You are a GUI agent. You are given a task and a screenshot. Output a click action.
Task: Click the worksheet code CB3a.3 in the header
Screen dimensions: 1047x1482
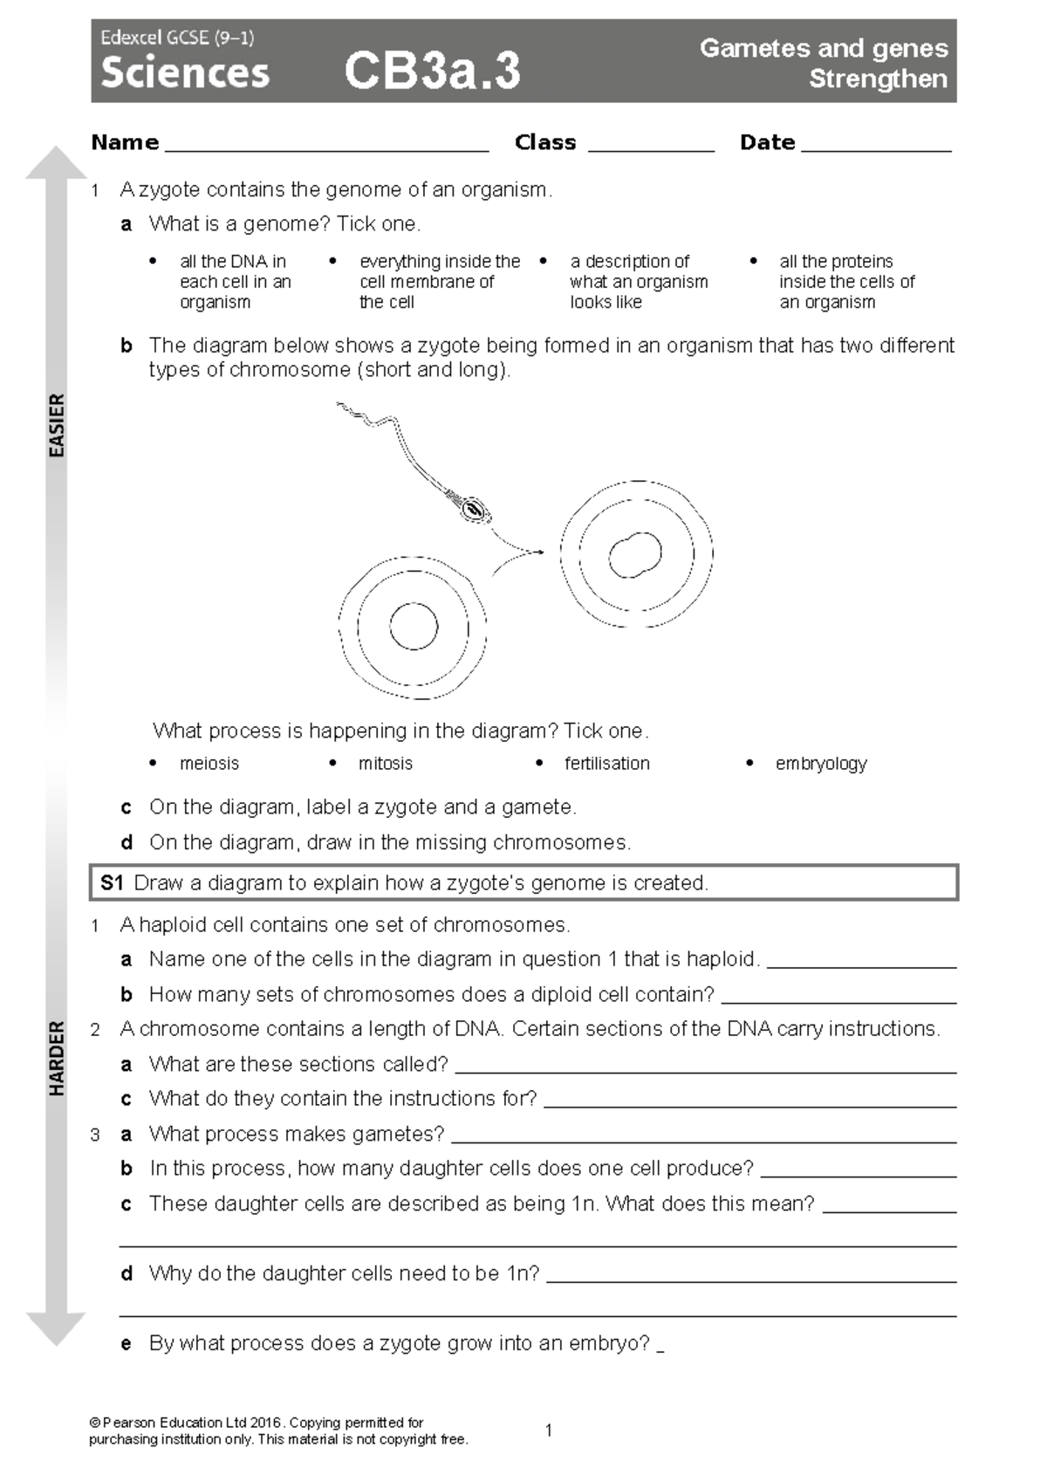click(x=432, y=72)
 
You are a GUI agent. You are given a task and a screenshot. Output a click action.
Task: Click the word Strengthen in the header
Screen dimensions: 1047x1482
click(x=878, y=79)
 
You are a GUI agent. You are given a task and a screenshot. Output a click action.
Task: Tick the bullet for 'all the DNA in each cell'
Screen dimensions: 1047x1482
click(x=154, y=261)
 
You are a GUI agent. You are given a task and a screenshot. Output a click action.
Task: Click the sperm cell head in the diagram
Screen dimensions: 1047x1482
click(x=474, y=509)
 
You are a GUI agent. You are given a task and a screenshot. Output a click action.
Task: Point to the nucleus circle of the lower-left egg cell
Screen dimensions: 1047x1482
click(x=414, y=627)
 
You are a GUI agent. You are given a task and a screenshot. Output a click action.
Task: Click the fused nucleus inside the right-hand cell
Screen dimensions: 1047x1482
click(x=634, y=556)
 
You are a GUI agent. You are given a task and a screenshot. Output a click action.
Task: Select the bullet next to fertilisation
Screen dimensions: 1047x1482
click(x=541, y=764)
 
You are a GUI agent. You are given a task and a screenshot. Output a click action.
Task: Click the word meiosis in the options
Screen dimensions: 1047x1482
click(x=209, y=764)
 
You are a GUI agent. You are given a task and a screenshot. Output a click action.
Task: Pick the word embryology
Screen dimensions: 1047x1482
click(x=820, y=764)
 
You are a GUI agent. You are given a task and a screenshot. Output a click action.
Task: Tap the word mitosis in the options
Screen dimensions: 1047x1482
click(x=385, y=764)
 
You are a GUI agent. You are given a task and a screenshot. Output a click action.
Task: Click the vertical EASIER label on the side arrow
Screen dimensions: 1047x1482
click(x=57, y=425)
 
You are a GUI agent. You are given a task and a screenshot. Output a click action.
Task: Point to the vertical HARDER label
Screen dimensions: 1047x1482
click(x=57, y=1058)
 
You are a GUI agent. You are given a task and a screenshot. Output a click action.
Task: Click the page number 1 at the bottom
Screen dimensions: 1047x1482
click(x=548, y=1430)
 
